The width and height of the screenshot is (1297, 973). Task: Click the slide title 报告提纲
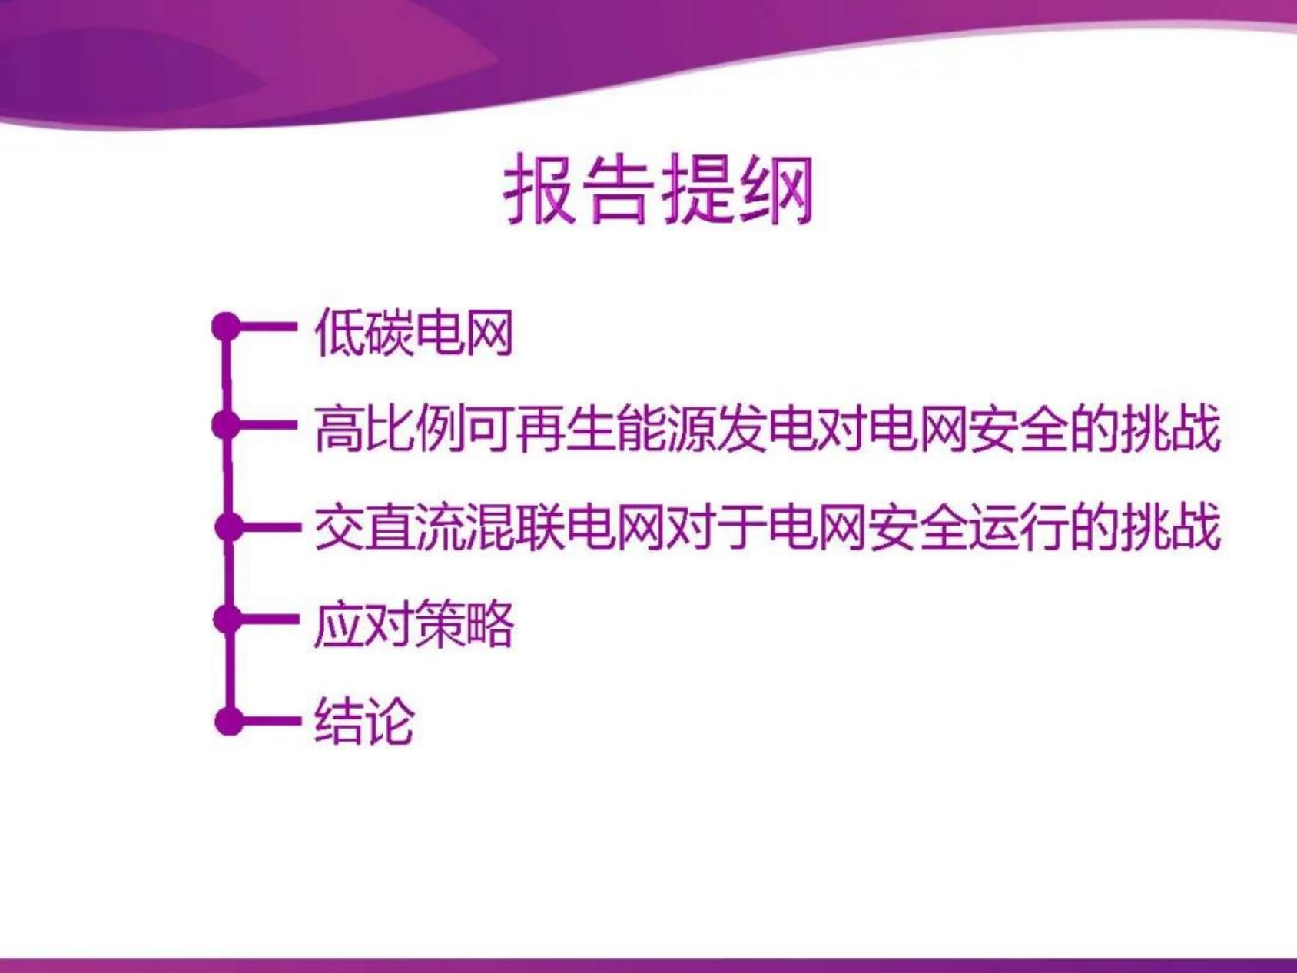pos(658,189)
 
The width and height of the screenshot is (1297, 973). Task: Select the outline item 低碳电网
pos(414,332)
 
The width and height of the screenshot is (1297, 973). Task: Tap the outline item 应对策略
pos(414,623)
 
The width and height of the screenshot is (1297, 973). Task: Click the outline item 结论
pos(364,721)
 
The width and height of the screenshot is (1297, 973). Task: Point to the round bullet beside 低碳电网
pos(227,326)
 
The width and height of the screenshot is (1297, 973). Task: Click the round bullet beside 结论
pos(229,721)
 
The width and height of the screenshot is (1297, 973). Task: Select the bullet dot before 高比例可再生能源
pos(227,423)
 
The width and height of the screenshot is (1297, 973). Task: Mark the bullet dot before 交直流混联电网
pos(229,527)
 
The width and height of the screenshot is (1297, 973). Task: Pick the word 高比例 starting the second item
pos(390,428)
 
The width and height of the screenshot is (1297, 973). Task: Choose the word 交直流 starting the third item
pos(390,527)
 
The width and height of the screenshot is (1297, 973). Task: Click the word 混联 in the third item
pos(516,527)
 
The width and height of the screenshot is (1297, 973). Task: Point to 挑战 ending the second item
pos(1169,428)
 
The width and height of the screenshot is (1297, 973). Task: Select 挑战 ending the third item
pos(1169,527)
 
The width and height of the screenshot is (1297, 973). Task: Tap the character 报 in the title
pos(541,189)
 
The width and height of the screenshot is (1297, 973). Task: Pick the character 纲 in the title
pos(776,189)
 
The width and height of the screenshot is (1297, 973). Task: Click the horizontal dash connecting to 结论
pos(269,721)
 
